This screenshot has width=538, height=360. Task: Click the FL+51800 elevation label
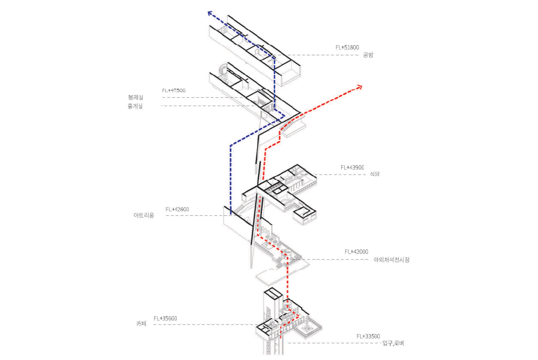tap(347, 47)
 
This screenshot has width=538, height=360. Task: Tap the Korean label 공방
tap(368, 55)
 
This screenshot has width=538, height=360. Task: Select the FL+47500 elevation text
tap(174, 91)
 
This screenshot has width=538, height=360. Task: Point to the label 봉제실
tap(135, 97)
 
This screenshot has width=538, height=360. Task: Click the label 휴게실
tap(135, 106)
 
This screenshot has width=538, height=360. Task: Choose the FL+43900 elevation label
tap(352, 168)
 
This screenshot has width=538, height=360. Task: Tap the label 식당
tap(375, 174)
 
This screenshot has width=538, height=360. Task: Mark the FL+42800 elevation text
tap(177, 209)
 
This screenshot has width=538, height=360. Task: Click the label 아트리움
tap(144, 215)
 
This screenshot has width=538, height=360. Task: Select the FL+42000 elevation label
tap(356, 252)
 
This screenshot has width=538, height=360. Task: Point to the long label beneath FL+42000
tap(392, 260)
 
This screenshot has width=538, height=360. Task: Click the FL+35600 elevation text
tap(165, 318)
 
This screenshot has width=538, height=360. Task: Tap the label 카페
tap(141, 324)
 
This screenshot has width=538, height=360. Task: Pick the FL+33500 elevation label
tap(368, 336)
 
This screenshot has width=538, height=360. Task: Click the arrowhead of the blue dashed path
tap(210, 13)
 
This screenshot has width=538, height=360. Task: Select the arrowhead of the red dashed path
tap(360, 87)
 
